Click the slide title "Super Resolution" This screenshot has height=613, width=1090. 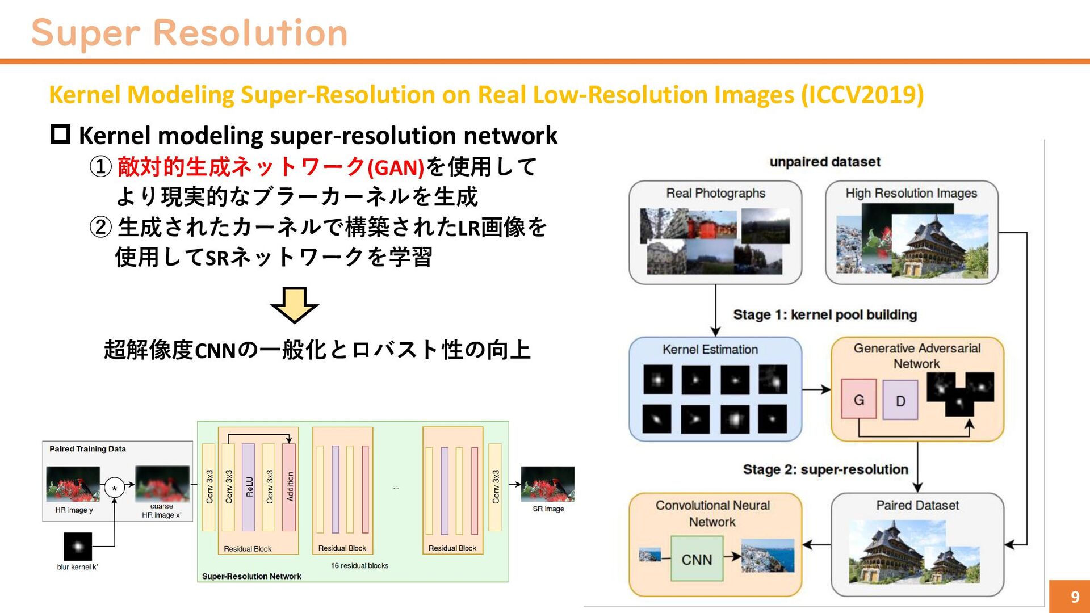189,33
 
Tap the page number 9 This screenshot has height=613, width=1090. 1074,597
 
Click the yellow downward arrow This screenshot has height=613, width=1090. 294,305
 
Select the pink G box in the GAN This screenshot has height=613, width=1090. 858,400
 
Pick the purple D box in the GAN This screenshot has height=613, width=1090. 900,401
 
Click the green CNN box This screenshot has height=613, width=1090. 697,559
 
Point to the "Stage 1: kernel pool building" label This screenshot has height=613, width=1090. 825,314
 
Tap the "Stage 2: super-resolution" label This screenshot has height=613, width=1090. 825,469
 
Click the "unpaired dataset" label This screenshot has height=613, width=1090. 825,162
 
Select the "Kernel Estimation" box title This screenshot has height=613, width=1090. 710,350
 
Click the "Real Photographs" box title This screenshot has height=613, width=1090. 715,193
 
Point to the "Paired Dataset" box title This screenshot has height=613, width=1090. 917,505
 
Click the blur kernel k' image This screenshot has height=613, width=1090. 78,547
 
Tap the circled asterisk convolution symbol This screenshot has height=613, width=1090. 115,488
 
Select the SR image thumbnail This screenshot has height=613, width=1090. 547,484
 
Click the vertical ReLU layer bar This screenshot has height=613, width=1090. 249,487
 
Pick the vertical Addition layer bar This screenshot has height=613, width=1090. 290,487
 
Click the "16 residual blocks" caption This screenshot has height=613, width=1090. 359,565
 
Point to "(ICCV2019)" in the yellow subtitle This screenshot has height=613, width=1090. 862,95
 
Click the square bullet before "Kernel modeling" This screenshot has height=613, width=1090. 60,135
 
